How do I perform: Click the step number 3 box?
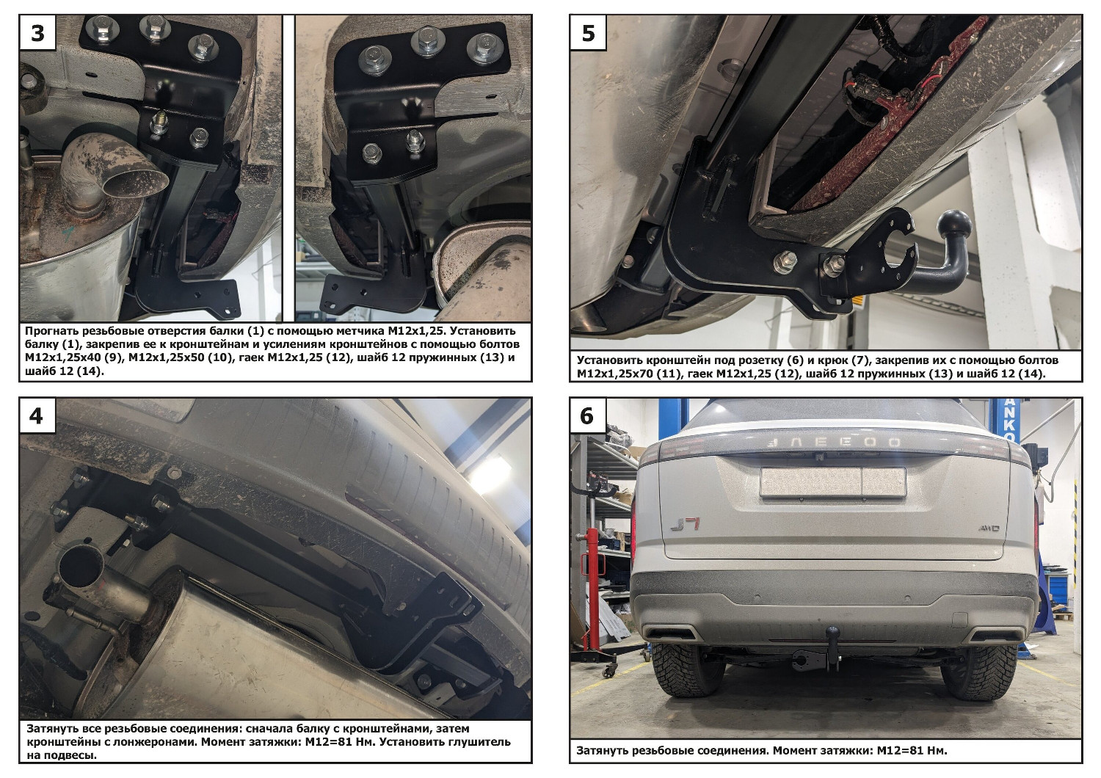(x=37, y=32)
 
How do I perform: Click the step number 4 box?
(x=37, y=415)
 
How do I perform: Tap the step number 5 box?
(x=588, y=32)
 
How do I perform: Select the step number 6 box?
(x=588, y=415)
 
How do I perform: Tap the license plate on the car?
(x=832, y=482)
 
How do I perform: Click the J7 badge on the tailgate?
(x=685, y=524)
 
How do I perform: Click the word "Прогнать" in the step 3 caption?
(x=51, y=330)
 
